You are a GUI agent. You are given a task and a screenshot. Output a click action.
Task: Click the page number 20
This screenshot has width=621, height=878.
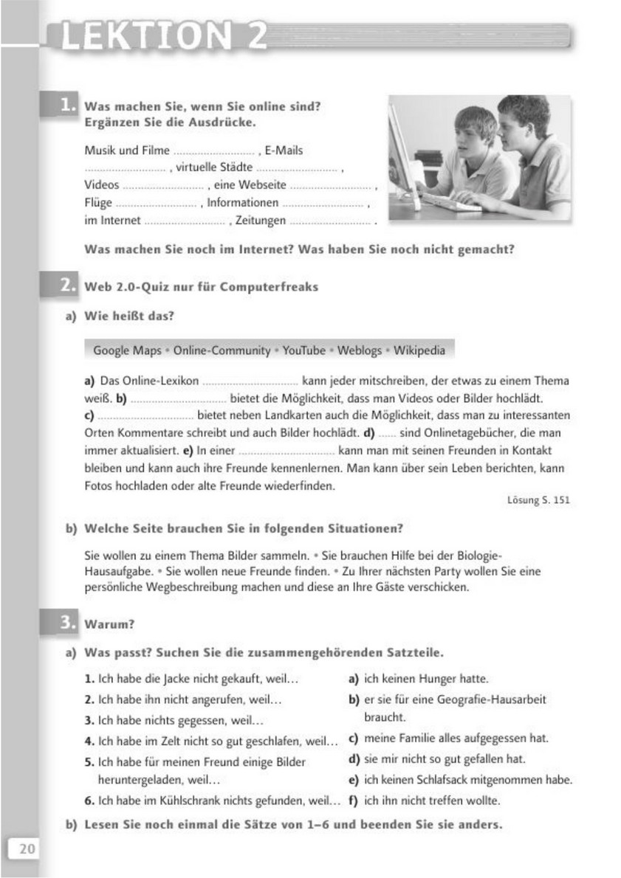point(27,848)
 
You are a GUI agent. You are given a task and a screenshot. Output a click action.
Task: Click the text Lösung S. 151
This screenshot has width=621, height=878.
point(539,500)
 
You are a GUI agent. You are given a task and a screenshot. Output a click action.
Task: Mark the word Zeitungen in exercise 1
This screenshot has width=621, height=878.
point(260,221)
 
